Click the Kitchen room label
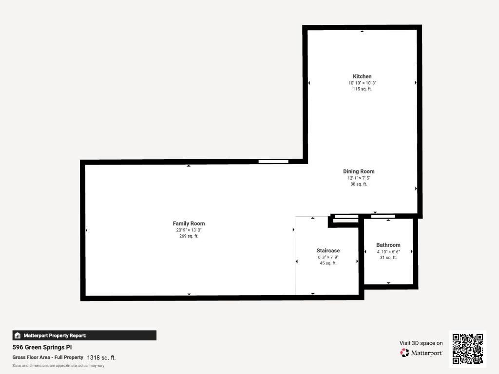pos(362,76)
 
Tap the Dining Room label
pos(359,171)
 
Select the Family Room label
pos(189,224)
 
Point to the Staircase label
pos(328,251)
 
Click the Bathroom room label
pos(388,245)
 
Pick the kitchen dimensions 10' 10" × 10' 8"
pos(362,83)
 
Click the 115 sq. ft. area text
pos(362,89)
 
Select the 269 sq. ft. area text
pos(189,236)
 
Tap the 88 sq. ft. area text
pos(359,184)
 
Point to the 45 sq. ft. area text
pos(328,263)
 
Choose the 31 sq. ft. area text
pos(388,258)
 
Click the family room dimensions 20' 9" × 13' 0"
pos(189,230)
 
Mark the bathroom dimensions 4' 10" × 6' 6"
pos(388,252)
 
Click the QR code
pos(467,349)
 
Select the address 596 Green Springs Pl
pos(42,348)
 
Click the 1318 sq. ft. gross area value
pos(101,357)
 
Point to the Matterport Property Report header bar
pos(84,335)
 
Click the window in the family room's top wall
pos(273,162)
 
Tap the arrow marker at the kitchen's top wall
pos(362,32)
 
